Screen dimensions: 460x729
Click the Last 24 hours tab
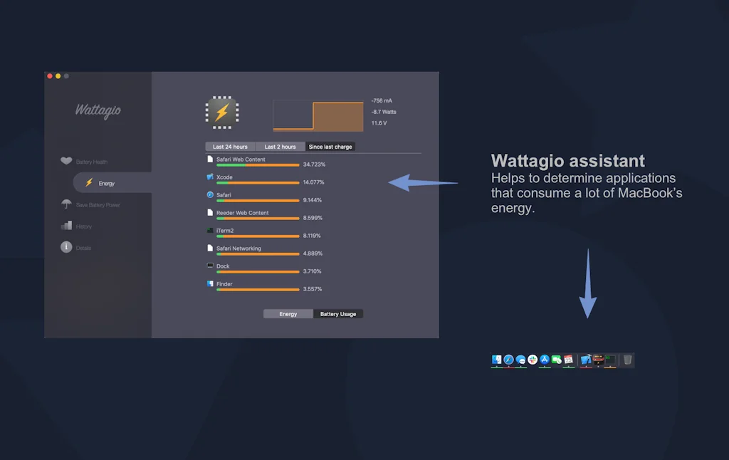click(x=230, y=147)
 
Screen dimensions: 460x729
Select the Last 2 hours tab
click(x=280, y=147)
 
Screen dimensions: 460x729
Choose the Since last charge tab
click(x=330, y=147)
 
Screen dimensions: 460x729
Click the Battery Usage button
click(x=338, y=314)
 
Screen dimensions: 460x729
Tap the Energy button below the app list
click(x=288, y=314)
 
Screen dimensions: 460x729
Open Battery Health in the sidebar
click(x=91, y=162)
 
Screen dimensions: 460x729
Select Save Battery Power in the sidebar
click(x=98, y=205)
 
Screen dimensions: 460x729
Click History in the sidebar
click(x=83, y=226)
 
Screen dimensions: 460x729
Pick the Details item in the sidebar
click(x=83, y=248)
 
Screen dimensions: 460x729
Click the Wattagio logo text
click(x=98, y=110)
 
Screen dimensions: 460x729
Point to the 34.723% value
click(x=314, y=164)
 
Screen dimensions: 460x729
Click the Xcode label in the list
click(x=224, y=177)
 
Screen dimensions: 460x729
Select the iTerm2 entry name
click(x=224, y=231)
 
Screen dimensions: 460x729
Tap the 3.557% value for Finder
click(x=313, y=289)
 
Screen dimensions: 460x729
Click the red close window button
click(x=50, y=76)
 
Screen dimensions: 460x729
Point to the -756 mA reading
click(x=382, y=100)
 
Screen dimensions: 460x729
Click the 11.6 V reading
click(x=379, y=123)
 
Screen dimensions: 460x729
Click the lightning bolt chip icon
click(x=222, y=113)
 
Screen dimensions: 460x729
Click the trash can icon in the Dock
click(x=627, y=360)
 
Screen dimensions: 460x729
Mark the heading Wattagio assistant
click(x=568, y=161)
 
